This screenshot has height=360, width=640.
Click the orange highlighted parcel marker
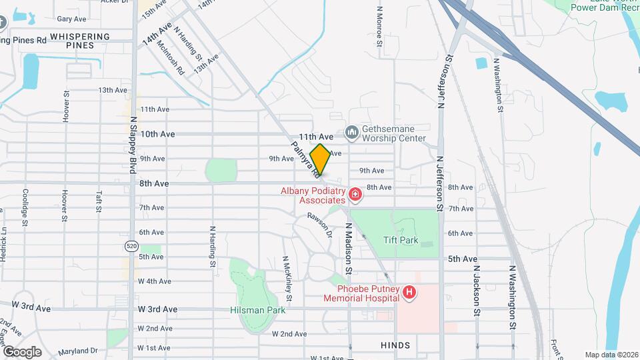(320, 160)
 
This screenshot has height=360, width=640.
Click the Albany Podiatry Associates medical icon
(355, 195)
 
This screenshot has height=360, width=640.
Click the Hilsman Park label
(257, 310)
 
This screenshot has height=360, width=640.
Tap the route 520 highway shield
(131, 247)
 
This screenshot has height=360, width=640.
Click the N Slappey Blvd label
(133, 143)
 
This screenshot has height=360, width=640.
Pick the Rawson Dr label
(319, 224)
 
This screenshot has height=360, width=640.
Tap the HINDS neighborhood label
(395, 345)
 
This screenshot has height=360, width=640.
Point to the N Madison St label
(348, 246)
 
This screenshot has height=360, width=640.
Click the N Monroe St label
(379, 26)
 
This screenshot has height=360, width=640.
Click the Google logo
(21, 351)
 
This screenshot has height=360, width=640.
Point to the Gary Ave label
(72, 19)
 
